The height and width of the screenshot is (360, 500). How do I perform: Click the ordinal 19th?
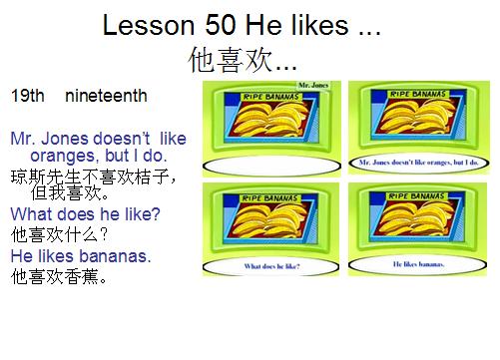tap(27, 97)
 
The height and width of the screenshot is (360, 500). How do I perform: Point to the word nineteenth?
tap(106, 97)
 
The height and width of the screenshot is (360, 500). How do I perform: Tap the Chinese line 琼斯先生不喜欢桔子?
tap(95, 177)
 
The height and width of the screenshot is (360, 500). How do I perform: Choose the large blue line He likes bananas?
tap(81, 256)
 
